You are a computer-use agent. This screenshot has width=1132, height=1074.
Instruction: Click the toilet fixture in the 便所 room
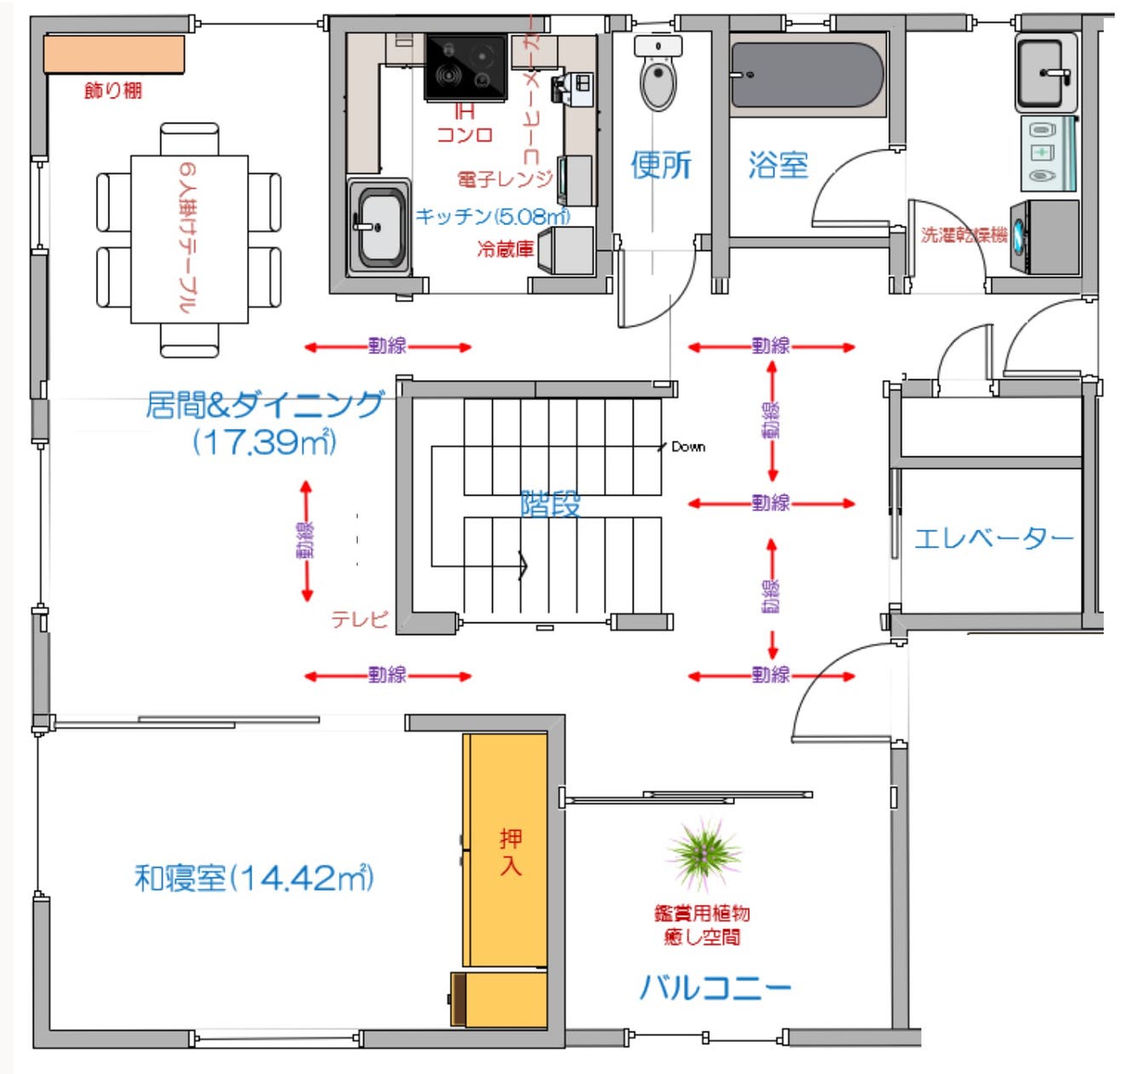658,77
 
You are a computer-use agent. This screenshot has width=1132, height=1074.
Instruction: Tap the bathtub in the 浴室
807,75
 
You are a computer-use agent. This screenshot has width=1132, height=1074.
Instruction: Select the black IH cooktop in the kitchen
465,67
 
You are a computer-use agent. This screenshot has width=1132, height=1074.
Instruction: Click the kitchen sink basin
379,227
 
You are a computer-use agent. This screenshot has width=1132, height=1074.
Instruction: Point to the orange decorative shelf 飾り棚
114,55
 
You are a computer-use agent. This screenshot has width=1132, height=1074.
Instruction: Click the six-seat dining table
189,239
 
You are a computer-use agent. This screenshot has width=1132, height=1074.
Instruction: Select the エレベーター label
993,538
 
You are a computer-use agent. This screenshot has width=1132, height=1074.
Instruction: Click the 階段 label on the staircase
550,504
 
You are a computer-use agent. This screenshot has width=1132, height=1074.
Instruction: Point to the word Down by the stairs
688,447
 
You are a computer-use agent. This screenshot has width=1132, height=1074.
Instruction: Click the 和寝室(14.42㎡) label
254,878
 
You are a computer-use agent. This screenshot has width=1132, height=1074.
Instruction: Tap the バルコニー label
715,987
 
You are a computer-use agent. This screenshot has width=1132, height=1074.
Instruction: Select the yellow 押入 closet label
510,852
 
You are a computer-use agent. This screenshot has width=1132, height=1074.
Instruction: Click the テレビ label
359,620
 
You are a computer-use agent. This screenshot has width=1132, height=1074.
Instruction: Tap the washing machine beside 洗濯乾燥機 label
1044,238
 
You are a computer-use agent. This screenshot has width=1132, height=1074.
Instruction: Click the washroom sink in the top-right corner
1045,72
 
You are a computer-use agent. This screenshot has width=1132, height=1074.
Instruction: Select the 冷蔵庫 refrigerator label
505,249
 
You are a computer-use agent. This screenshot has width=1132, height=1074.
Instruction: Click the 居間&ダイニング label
264,406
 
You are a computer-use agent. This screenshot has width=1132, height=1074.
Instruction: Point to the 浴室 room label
778,165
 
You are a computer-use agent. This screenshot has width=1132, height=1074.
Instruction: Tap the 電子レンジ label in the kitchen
504,179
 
